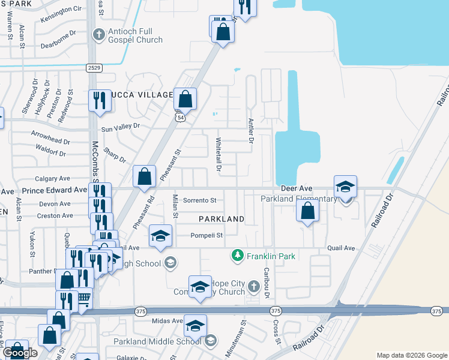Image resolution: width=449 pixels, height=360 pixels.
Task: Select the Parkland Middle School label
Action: pos(157,341)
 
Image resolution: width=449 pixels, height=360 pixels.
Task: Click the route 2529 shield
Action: pos(93,68)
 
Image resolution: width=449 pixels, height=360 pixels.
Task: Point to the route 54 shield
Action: pos(179,118)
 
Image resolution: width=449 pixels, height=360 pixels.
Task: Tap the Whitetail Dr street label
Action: pos(218,154)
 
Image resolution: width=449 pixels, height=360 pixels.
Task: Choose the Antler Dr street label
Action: pos(251,130)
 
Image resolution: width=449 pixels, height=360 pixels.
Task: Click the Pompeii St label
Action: pos(207,235)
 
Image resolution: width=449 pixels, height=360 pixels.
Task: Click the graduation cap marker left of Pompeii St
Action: pos(160,236)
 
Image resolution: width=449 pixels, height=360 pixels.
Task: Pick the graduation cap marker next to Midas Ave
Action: pos(195,325)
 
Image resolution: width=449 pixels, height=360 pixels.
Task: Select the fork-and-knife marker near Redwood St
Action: pos(98,100)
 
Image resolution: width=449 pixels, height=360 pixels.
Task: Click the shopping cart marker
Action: pos(84,298)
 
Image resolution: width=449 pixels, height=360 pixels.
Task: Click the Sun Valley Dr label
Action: pos(120,127)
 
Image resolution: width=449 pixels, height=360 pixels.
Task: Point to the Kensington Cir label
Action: pos(61,10)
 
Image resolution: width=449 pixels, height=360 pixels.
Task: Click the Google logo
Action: pos(20,353)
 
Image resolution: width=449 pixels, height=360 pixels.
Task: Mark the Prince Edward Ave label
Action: pos(55,190)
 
